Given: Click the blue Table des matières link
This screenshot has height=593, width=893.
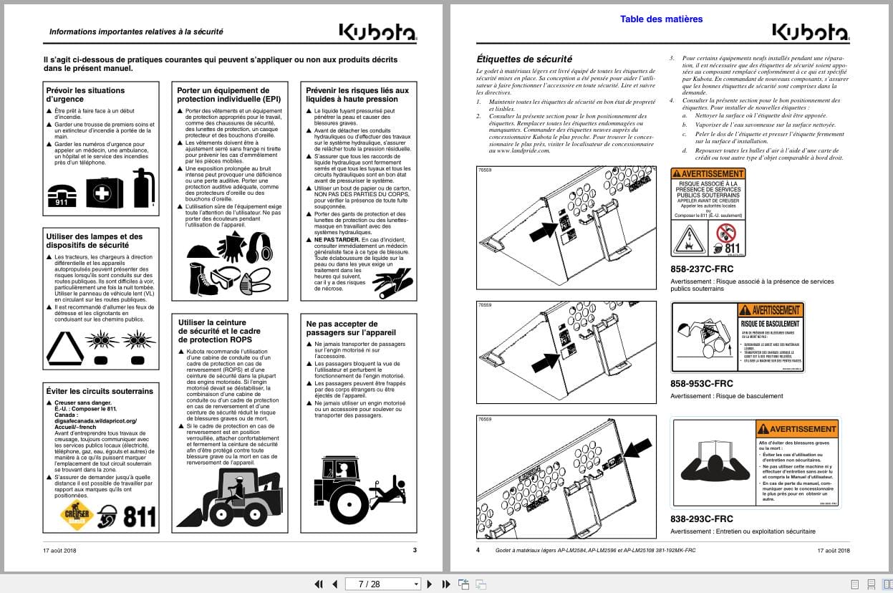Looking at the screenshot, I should [x=661, y=19].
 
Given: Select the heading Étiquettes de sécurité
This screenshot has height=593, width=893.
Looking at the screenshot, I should [x=524, y=59].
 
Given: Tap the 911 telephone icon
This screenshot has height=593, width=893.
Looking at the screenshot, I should [x=62, y=193].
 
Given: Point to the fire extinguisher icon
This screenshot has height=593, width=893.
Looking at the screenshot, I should [x=143, y=188].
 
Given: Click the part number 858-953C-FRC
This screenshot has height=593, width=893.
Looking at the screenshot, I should [x=701, y=383].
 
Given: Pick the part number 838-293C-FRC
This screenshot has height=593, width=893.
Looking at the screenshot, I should [x=701, y=519].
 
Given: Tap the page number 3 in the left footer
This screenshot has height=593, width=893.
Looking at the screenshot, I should [x=414, y=550].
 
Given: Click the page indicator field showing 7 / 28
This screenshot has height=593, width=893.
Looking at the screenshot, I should [x=381, y=584].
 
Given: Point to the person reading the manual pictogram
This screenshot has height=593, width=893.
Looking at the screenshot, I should [x=713, y=462].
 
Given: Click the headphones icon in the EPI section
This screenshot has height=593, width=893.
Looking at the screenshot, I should [x=259, y=247].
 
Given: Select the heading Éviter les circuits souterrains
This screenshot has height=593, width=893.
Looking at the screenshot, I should [x=100, y=391].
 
